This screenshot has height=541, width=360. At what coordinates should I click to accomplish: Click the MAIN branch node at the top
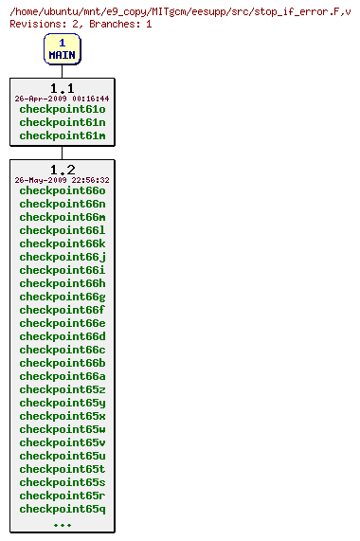62,49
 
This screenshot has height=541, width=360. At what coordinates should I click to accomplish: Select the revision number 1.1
62,88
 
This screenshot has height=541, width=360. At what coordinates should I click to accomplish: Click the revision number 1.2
62,170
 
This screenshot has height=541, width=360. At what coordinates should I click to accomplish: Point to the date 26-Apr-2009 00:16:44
62,99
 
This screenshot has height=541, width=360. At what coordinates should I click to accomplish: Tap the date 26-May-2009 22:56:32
62,180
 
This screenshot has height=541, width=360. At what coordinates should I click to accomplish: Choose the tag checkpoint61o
62,109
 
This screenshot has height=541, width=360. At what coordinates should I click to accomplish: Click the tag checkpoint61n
62,122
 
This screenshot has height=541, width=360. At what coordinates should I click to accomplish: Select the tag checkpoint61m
62,135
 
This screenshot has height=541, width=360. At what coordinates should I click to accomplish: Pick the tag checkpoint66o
62,190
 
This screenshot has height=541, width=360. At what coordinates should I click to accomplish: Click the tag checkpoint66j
62,257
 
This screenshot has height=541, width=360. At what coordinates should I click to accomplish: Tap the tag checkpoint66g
62,297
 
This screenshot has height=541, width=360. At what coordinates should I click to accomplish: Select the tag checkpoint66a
62,376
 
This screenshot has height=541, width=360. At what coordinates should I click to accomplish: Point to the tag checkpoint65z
62,389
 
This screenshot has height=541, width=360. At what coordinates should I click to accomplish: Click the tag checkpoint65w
62,429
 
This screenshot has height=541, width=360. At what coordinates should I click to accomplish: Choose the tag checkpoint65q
62,509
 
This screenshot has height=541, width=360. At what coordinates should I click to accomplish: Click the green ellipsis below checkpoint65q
62,524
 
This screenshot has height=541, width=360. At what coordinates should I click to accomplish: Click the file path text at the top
180,10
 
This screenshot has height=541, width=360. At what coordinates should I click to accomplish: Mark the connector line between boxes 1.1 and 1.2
62,153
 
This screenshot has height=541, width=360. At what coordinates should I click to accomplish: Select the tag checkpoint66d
62,336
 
